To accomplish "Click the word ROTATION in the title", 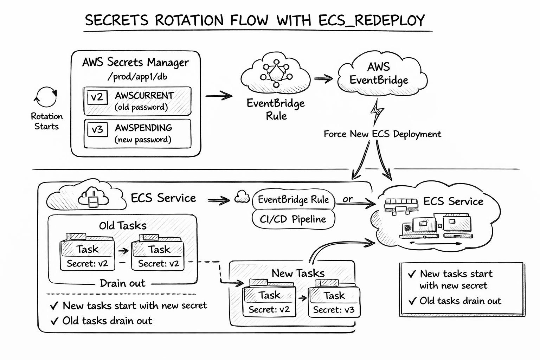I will (189, 20).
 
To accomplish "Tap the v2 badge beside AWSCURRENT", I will (97, 97).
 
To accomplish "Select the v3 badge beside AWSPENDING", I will (97, 129).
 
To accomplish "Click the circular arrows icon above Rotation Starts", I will (46, 97).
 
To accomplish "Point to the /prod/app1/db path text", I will (137, 76).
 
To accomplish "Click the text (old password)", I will (141, 107).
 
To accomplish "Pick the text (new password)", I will (143, 140).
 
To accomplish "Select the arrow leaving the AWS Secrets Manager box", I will (219, 96).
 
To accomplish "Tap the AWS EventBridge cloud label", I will (379, 73).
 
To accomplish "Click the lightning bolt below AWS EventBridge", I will (377, 112).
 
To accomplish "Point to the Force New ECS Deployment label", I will (382, 134).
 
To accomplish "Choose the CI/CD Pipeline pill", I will (293, 219).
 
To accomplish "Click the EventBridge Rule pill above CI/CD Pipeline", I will (293, 200).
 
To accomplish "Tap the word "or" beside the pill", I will (347, 199).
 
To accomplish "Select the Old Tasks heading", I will (123, 225).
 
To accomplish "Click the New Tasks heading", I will (298, 273).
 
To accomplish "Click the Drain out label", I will (122, 283).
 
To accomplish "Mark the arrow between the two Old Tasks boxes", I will (123, 251).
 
